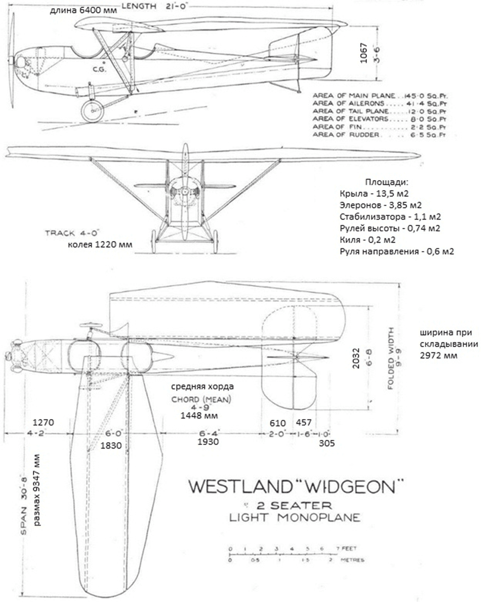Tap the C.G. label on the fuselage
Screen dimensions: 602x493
tap(99, 69)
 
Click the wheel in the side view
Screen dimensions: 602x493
tap(92, 111)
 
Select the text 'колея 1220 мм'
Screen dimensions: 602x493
tap(100, 245)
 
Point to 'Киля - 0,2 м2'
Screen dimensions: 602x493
tap(365, 239)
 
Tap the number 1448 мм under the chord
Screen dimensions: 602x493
tap(199, 415)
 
